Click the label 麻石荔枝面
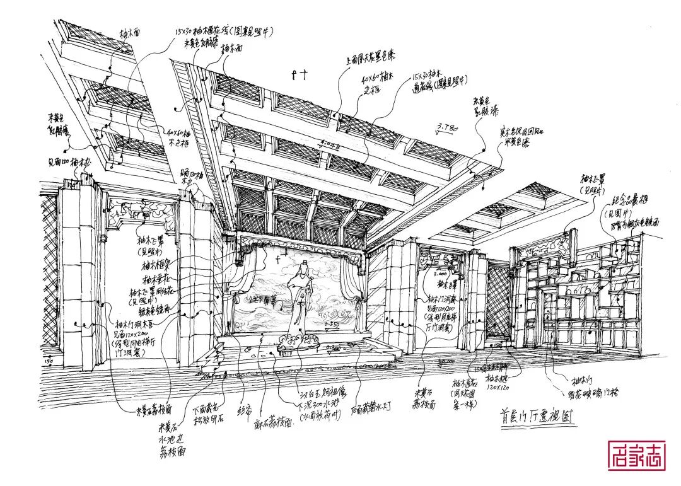272,425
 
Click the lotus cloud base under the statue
300,340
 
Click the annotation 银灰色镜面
151,310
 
